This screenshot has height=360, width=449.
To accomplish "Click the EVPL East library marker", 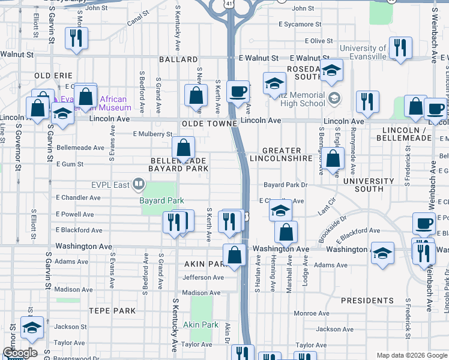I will click(x=139, y=184).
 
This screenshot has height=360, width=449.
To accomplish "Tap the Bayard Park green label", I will click(x=161, y=200).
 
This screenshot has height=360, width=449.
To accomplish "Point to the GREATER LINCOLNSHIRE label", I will click(x=287, y=154).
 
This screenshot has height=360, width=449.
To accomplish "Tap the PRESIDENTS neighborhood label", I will click(x=367, y=300).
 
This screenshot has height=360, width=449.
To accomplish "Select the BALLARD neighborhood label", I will click(x=178, y=59).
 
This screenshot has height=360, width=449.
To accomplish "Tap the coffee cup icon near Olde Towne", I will click(x=238, y=92).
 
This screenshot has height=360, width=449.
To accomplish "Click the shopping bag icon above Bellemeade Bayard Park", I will click(x=183, y=147).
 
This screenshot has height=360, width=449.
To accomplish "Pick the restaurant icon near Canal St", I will click(x=76, y=38).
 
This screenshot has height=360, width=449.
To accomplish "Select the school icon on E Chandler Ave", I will click(x=280, y=210).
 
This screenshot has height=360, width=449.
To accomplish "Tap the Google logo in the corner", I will click(x=20, y=353).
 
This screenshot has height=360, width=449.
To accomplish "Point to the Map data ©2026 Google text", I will click(x=412, y=355).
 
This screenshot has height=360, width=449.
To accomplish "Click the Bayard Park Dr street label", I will click(x=285, y=185).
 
